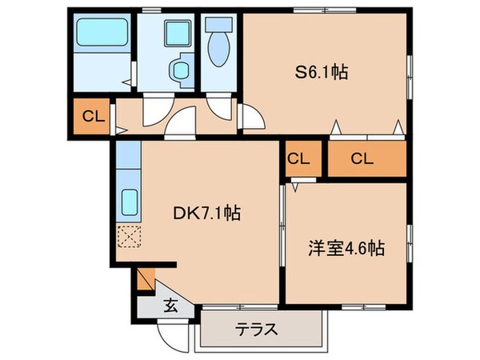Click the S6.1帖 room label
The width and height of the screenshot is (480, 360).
point(319,71)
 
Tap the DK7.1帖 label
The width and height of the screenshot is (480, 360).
point(207,214)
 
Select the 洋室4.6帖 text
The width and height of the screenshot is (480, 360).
point(346,248)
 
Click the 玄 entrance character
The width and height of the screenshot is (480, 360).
point(171,305)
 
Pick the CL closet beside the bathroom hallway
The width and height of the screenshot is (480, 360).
point(92,117)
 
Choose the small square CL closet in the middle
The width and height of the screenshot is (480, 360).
point(298,158)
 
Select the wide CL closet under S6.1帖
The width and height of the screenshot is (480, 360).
point(362,158)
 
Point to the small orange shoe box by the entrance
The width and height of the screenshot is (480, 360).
point(145,279)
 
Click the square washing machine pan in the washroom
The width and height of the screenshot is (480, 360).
point(174,34)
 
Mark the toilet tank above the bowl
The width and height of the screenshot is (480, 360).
point(218,24)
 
